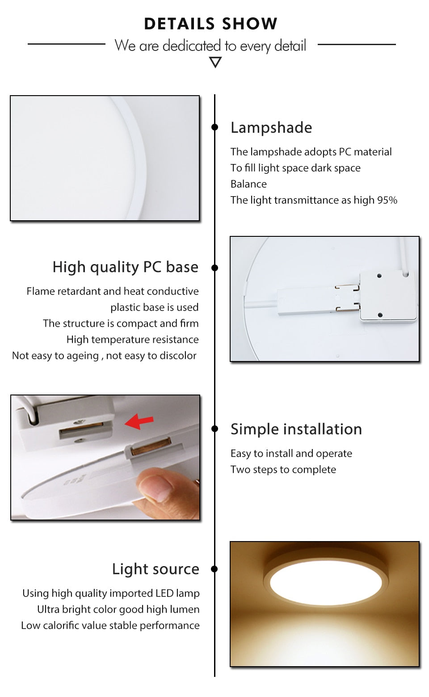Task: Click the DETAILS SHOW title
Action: (x=210, y=24)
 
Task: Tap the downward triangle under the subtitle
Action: (x=215, y=63)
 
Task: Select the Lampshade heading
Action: (x=271, y=128)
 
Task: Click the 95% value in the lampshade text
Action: (x=387, y=200)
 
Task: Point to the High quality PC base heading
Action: (x=125, y=267)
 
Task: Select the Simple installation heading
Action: (x=296, y=429)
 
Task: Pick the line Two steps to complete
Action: (x=283, y=470)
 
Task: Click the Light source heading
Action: (x=156, y=569)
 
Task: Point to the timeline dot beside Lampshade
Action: (x=215, y=127)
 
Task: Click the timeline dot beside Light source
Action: (x=214, y=569)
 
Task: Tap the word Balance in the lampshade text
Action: (x=248, y=184)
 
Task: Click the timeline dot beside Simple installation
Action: (x=215, y=429)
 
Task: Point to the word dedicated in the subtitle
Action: (x=192, y=46)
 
